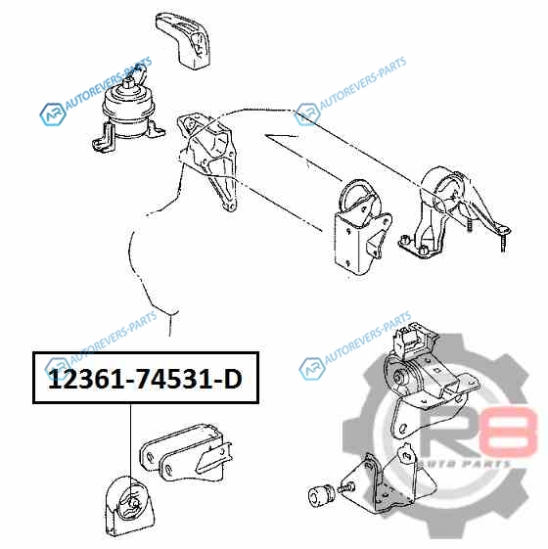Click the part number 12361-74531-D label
[x=145, y=379]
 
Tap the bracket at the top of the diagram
[x=183, y=40]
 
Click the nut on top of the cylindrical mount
[x=129, y=83]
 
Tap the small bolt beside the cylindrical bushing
[x=346, y=487]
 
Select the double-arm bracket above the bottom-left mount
[x=186, y=452]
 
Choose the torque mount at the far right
[x=453, y=213]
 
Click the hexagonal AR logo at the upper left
[x=53, y=114]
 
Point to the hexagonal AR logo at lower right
[x=311, y=369]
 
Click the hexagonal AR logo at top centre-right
[x=307, y=114]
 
